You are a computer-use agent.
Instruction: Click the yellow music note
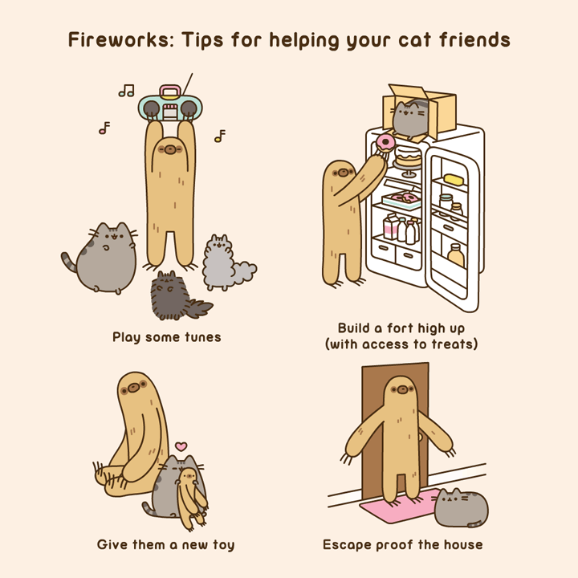tap(219, 136)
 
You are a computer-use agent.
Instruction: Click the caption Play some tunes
tap(166, 337)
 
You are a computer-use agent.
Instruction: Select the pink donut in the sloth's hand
tap(385, 144)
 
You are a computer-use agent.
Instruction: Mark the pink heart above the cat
tap(181, 446)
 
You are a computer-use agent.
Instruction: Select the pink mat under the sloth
tap(399, 507)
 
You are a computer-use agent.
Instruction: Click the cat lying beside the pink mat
tap(460, 507)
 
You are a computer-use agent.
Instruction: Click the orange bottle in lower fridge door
tap(456, 255)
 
